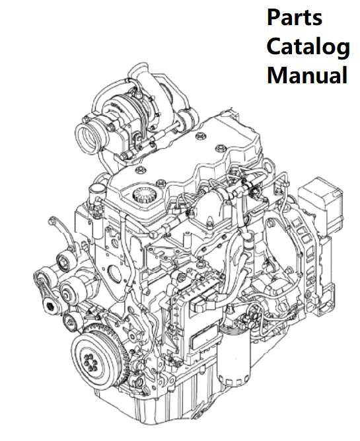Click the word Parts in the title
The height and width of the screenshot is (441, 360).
pos(294,17)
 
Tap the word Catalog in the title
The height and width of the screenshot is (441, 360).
pos(308,47)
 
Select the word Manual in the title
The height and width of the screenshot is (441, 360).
pos(307,75)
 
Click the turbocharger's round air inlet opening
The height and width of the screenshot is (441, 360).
pos(87,137)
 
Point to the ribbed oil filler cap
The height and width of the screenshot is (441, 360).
pos(145,194)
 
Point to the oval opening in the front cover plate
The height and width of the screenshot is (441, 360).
pos(115,272)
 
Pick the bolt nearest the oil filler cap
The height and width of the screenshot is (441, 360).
pos(160,183)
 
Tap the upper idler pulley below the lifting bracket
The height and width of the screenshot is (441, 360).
pos(64,262)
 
